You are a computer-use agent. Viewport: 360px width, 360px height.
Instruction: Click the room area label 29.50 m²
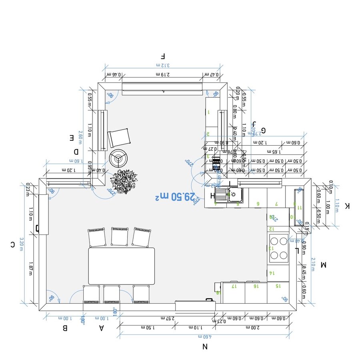point(176,197)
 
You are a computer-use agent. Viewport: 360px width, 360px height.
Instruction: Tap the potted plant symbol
point(124,182)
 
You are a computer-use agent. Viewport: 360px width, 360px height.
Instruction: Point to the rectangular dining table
point(121,266)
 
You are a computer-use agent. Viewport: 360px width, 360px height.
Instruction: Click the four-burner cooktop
point(278,248)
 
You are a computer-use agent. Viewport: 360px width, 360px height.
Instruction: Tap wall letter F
point(162,56)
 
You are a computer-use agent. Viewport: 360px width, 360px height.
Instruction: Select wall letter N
point(204,347)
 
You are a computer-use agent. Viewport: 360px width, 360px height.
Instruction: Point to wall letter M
point(324,264)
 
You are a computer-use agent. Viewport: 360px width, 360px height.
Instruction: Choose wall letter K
point(347,206)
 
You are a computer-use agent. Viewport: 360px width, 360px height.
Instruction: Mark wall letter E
point(72,138)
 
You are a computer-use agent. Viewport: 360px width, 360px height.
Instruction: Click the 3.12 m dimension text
point(163,65)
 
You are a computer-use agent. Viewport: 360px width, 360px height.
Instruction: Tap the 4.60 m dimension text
point(204,337)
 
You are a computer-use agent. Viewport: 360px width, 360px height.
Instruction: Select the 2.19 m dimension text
point(163,74)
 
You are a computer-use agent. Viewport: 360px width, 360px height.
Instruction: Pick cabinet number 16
point(255,286)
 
